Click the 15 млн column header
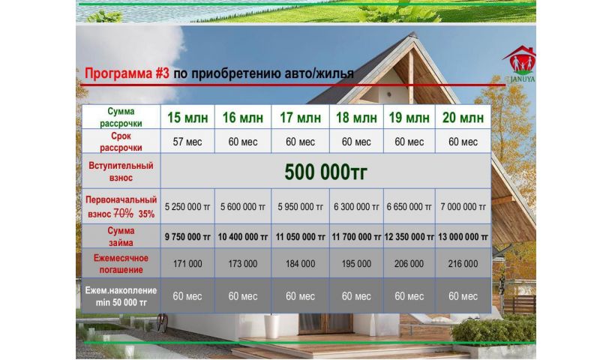187,118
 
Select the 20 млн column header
463,118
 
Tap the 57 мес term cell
187,142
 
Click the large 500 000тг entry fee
325,172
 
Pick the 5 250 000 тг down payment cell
187,207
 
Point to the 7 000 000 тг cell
463,207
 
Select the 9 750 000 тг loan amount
187,237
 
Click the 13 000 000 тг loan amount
463,237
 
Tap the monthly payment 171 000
187,264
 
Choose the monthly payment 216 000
463,264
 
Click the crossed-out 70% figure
123,214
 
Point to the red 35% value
146,214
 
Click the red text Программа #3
127,73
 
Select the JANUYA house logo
520,64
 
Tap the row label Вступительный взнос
121,172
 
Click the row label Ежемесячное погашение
121,264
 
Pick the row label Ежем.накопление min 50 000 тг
121,296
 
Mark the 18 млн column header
356,118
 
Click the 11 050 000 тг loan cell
300,237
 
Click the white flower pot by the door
271,326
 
